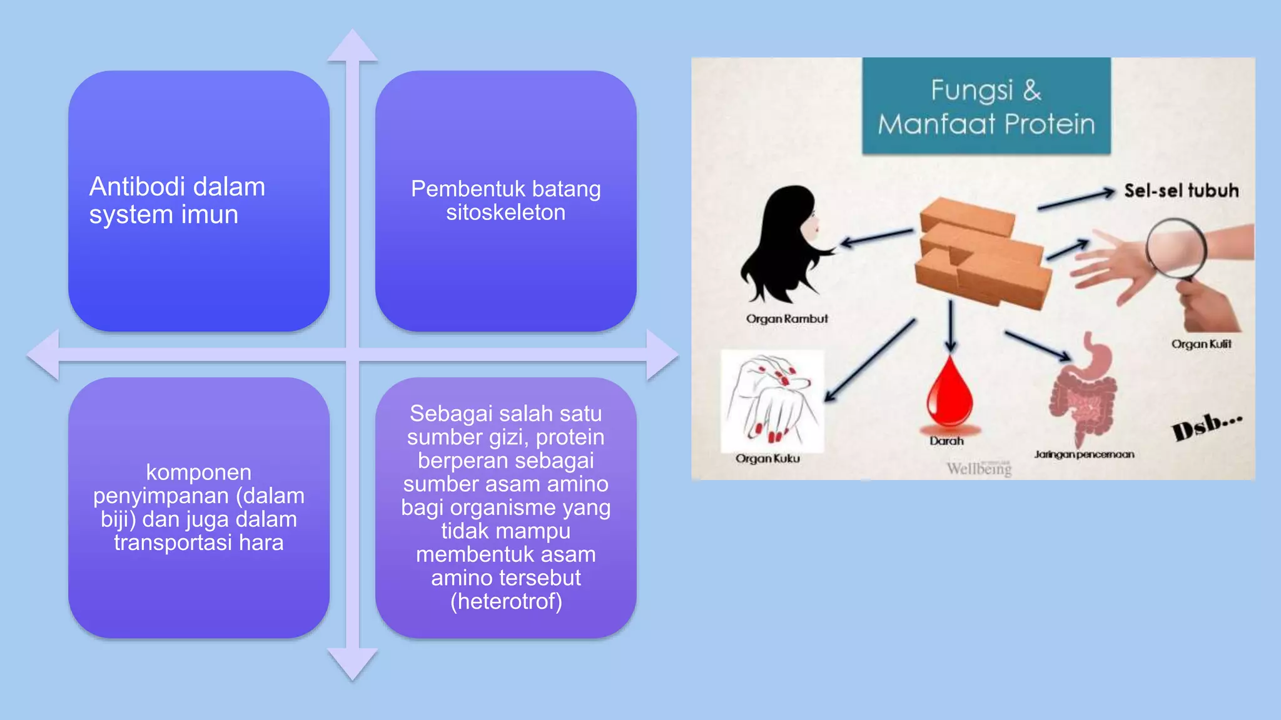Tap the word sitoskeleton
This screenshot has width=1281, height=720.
coord(505,212)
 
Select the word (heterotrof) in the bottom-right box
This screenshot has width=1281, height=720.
coord(506,601)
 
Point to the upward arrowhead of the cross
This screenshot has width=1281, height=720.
coord(352,46)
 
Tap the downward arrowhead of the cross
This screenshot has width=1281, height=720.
coord(352,664)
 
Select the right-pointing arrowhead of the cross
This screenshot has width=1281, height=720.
coord(661,354)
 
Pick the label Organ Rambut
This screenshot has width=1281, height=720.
coord(786,319)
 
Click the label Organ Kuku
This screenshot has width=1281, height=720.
coord(767,458)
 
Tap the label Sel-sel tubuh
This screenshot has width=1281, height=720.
coord(1181,191)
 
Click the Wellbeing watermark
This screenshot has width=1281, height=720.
coord(978,468)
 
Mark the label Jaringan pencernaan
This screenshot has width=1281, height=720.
coord(1083,454)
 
